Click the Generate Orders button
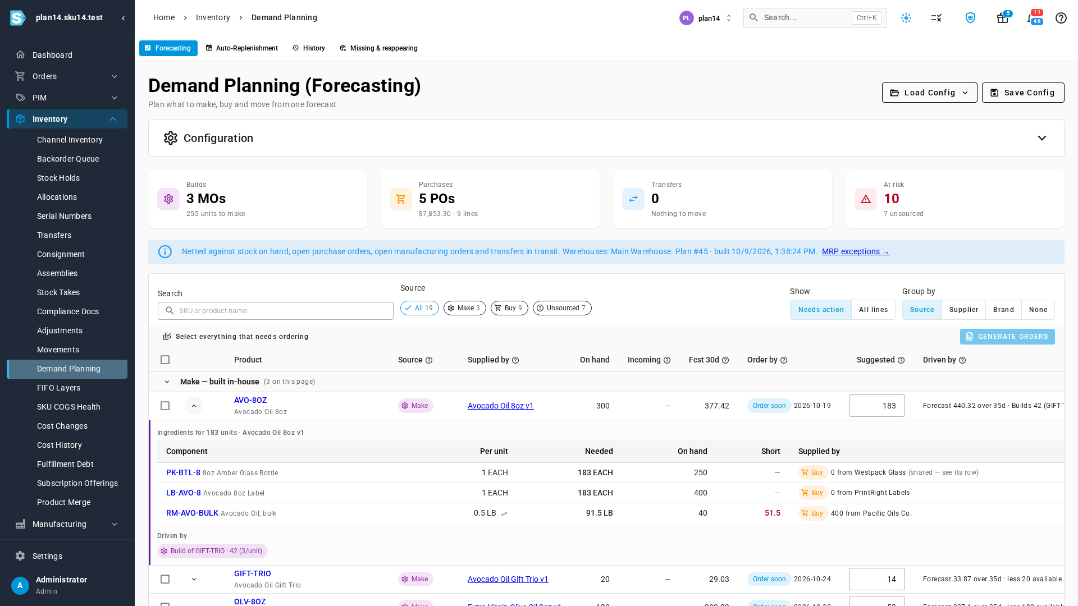1007,337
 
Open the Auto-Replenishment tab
241,48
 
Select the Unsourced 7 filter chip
562,308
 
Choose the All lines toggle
873,310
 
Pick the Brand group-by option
1003,310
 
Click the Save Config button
1023,93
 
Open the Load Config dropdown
929,93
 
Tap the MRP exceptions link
856,251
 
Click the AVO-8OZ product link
250,400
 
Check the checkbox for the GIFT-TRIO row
165,579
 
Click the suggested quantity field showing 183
877,406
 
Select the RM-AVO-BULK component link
192,513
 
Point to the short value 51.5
773,513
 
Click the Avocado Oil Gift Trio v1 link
508,579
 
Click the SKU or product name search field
276,311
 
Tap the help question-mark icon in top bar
1061,18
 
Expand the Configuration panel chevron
1042,138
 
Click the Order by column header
762,360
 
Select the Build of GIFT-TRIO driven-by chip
212,551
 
